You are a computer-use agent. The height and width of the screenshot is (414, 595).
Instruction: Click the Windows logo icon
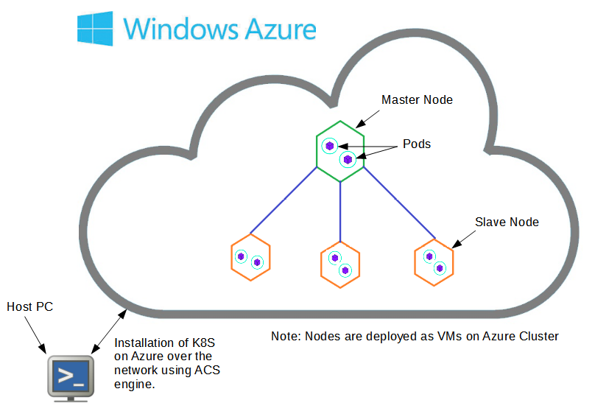tap(95, 28)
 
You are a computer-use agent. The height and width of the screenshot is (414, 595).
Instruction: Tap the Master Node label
tap(417, 99)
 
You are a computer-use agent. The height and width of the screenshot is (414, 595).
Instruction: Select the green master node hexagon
tap(340, 150)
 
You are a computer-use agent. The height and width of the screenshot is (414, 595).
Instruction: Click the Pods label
tap(417, 144)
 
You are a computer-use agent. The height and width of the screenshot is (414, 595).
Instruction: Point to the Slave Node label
tap(507, 222)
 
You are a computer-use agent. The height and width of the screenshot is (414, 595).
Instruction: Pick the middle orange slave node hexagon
tap(340, 264)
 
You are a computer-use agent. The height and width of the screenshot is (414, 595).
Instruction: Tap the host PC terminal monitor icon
tap(71, 378)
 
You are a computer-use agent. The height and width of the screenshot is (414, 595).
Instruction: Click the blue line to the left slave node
tap(284, 200)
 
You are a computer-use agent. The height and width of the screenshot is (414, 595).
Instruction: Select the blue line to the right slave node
tap(398, 203)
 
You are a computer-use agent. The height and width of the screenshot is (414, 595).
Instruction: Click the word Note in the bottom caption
tap(284, 336)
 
